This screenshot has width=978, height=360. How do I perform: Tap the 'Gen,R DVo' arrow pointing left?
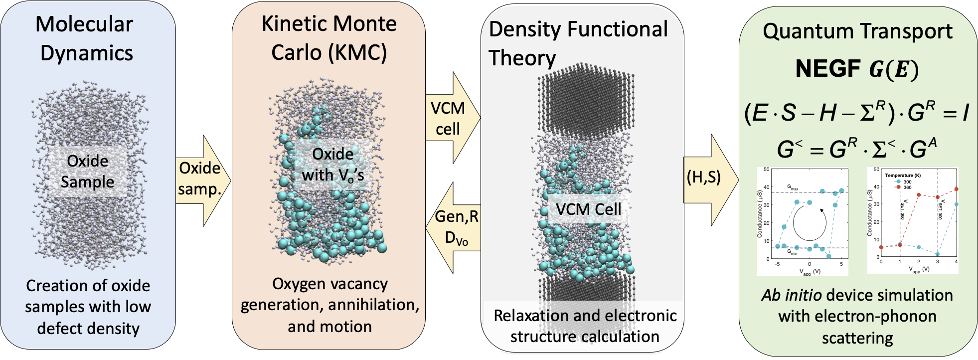point(455,227)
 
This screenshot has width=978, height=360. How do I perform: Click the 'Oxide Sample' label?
point(87,172)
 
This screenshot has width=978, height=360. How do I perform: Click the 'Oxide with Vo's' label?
point(332,165)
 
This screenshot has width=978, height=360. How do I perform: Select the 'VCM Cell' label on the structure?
point(588,209)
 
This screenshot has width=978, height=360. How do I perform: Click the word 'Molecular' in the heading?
point(84,24)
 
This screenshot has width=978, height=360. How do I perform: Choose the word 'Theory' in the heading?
point(522,58)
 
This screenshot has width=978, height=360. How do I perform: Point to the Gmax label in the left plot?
point(793,188)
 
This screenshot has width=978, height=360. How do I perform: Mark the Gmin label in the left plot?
point(793,252)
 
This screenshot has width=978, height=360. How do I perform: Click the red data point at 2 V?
point(919,195)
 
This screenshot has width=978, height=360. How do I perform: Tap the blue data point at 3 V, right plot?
point(938,254)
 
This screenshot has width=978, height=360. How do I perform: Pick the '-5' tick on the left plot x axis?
point(778,264)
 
